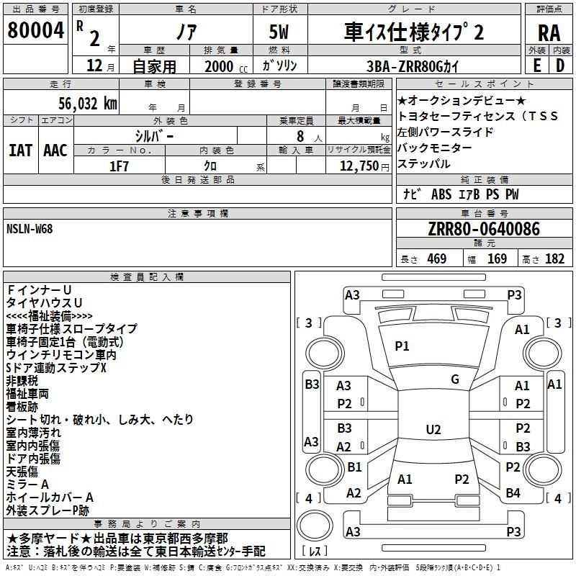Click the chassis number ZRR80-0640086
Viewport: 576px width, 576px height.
pyautogui.click(x=483, y=230)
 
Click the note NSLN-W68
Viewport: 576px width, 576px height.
pyautogui.click(x=30, y=228)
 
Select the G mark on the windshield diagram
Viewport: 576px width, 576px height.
pyautogui.click(x=454, y=379)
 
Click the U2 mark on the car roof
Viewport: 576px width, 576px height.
pyautogui.click(x=433, y=430)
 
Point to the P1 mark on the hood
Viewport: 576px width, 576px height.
pyautogui.click(x=402, y=346)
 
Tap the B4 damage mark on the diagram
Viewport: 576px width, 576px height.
pyautogui.click(x=513, y=493)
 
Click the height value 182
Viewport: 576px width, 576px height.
pyautogui.click(x=554, y=259)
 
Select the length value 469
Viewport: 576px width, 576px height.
pyautogui.click(x=436, y=259)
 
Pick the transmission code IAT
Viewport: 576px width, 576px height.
pyautogui.click(x=20, y=150)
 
